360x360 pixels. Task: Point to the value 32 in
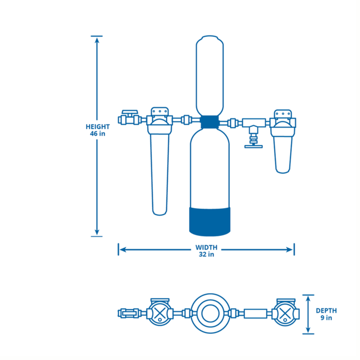click(205, 255)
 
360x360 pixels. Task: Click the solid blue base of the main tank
click(210, 220)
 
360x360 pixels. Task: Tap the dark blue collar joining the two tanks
click(210, 121)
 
